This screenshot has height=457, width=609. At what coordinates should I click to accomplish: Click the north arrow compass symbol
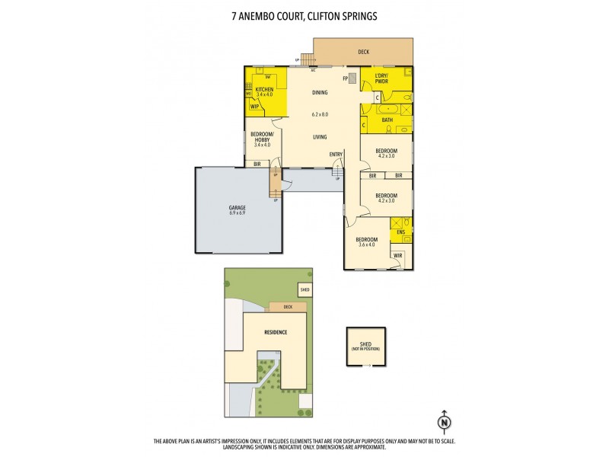tap(443, 421)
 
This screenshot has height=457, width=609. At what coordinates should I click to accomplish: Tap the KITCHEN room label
tap(264, 90)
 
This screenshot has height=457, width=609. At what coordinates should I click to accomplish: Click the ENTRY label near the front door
tap(336, 155)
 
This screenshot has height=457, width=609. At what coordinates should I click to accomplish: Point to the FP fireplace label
tap(345, 78)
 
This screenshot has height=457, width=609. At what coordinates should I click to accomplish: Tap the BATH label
tap(387, 120)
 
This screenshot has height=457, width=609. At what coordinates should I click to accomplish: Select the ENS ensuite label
tap(400, 232)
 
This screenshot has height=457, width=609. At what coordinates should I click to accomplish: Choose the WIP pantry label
tap(254, 107)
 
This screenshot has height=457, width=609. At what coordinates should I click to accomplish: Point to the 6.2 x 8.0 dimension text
tap(320, 114)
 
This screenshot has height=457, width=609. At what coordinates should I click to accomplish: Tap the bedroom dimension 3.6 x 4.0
tap(367, 244)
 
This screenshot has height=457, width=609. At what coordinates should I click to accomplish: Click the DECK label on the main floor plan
tap(364, 52)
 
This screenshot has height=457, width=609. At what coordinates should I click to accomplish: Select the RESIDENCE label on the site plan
tap(275, 333)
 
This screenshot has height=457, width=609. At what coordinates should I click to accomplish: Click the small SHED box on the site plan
tap(304, 290)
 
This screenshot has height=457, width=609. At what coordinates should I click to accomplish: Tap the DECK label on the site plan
tap(287, 307)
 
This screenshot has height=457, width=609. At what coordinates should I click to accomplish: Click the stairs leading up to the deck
tap(307, 59)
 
